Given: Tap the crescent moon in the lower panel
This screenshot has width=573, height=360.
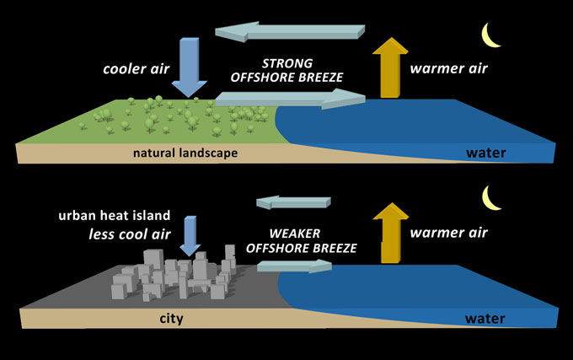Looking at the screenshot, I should pyautogui.click(x=491, y=198).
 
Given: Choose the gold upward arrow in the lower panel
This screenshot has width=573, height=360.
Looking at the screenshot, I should pyautogui.click(x=389, y=232).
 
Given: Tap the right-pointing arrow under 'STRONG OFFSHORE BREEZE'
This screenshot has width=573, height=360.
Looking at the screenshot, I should pyautogui.click(x=290, y=100).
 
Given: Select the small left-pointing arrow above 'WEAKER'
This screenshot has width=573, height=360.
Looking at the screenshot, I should pyautogui.click(x=295, y=201).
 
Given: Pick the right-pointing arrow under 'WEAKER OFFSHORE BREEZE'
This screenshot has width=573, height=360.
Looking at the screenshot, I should pyautogui.click(x=294, y=266).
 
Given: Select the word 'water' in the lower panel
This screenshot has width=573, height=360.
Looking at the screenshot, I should pyautogui.click(x=485, y=319).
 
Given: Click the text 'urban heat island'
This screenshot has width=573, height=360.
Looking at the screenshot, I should pyautogui.click(x=109, y=216).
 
